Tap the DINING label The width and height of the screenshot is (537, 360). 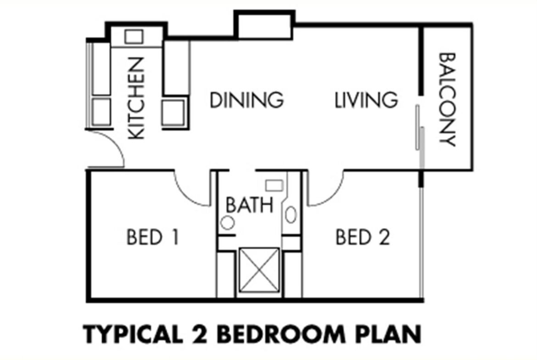point(246,100)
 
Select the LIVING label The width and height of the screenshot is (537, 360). point(366,100)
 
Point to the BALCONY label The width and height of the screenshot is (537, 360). point(447,100)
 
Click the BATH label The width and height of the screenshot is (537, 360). point(250,205)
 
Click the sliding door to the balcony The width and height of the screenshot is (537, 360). point(420,137)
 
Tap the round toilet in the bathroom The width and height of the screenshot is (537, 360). point(227,223)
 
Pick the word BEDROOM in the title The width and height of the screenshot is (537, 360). point(280,335)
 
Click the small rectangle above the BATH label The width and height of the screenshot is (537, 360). point(274,186)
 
